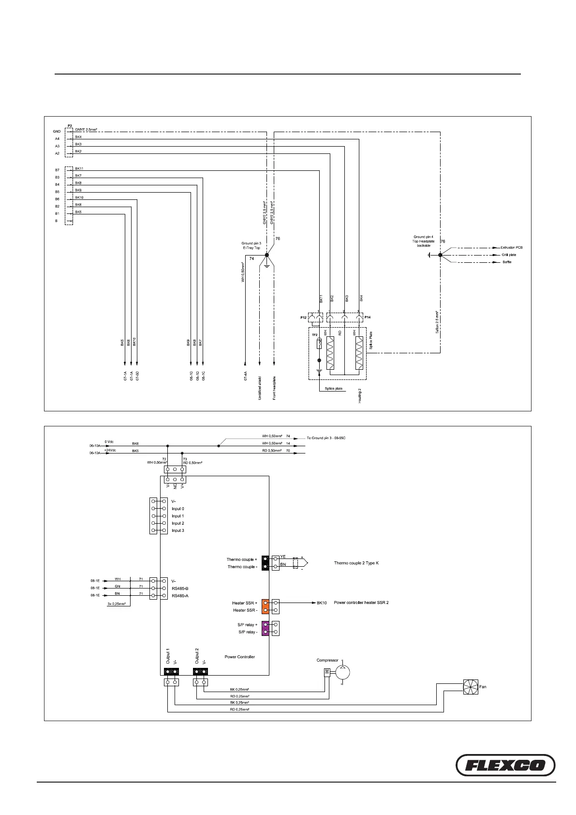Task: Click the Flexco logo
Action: (506, 765)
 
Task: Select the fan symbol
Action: (470, 687)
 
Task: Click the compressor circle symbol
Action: (342, 671)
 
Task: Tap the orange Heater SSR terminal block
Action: (265, 606)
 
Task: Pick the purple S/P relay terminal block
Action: (265, 628)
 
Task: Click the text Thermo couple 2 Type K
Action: (356, 563)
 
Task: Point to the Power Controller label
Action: (239, 657)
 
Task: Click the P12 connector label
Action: (303, 317)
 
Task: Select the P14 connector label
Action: (367, 317)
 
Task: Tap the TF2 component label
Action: (314, 335)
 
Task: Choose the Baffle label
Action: (506, 262)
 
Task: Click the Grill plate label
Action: (509, 255)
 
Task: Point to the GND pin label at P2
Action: (57, 131)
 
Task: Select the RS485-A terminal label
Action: (180, 596)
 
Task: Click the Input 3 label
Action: (177, 530)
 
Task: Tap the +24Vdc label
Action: (110, 450)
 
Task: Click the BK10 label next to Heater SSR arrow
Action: (322, 603)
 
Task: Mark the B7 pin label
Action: (57, 170)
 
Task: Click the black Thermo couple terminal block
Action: (265, 563)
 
